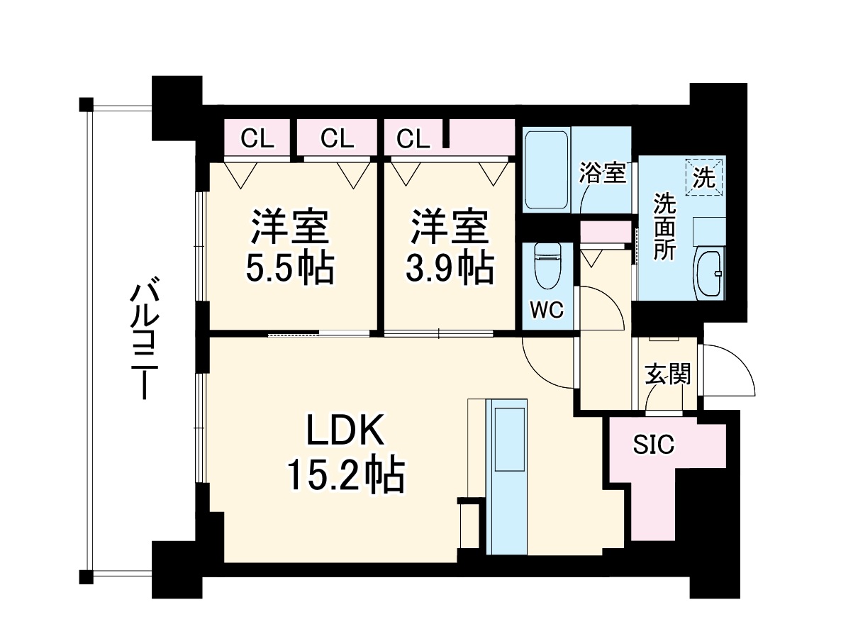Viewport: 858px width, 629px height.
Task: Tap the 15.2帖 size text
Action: click(345, 474)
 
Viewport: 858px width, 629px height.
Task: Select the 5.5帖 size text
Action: click(289, 268)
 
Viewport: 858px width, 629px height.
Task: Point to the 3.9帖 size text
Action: click(449, 268)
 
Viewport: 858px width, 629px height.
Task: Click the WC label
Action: click(546, 309)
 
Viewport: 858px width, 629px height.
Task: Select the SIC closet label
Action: click(653, 445)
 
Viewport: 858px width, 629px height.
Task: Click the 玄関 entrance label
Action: click(667, 374)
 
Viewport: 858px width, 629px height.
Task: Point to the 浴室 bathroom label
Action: click(603, 173)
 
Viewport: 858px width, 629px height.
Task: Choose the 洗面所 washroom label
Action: click(664, 226)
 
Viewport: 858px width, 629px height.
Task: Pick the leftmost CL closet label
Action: click(257, 139)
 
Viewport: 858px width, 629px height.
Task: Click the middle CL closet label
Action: click(336, 139)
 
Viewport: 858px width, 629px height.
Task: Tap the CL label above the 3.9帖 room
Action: click(413, 139)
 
